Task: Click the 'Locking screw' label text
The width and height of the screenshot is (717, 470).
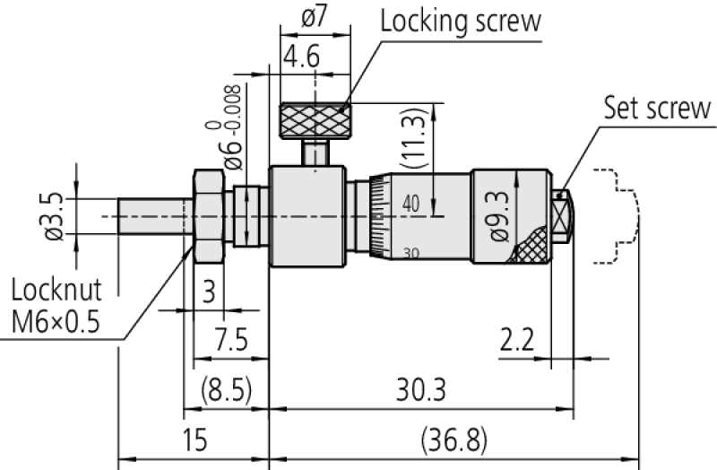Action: (461, 21)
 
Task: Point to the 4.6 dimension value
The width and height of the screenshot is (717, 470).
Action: (301, 59)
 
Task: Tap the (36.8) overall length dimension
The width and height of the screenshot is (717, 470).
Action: (454, 440)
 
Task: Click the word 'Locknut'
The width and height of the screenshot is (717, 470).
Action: (57, 289)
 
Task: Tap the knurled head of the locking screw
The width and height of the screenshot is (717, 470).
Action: (315, 120)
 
